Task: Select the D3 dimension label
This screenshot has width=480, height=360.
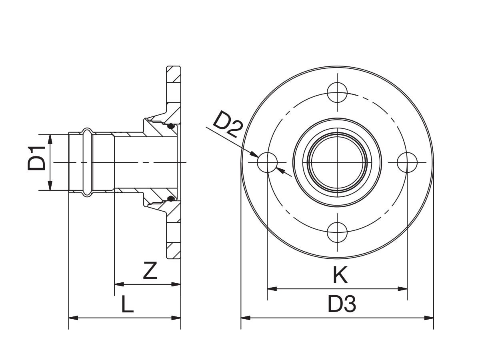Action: pos(342,305)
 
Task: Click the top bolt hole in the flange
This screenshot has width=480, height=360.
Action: pos(337,92)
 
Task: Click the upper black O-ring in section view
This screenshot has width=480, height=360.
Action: pos(171,127)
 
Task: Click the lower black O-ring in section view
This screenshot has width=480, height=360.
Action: pos(171,199)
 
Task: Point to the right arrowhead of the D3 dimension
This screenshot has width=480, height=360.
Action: pos(430,318)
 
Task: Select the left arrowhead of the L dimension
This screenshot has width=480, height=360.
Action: pos(73,318)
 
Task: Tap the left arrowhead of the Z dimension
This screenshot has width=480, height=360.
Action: pos(119,284)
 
